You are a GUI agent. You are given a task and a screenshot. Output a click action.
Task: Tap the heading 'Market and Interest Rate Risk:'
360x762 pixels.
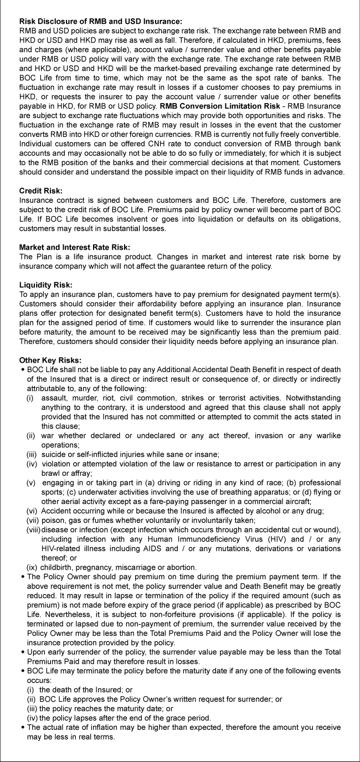click(74, 246)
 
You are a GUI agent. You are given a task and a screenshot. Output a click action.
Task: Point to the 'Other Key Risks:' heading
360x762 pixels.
click(50, 359)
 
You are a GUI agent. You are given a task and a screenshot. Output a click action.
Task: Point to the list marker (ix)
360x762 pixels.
click(33, 567)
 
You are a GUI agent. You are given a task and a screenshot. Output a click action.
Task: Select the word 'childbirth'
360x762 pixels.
click(58, 567)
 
